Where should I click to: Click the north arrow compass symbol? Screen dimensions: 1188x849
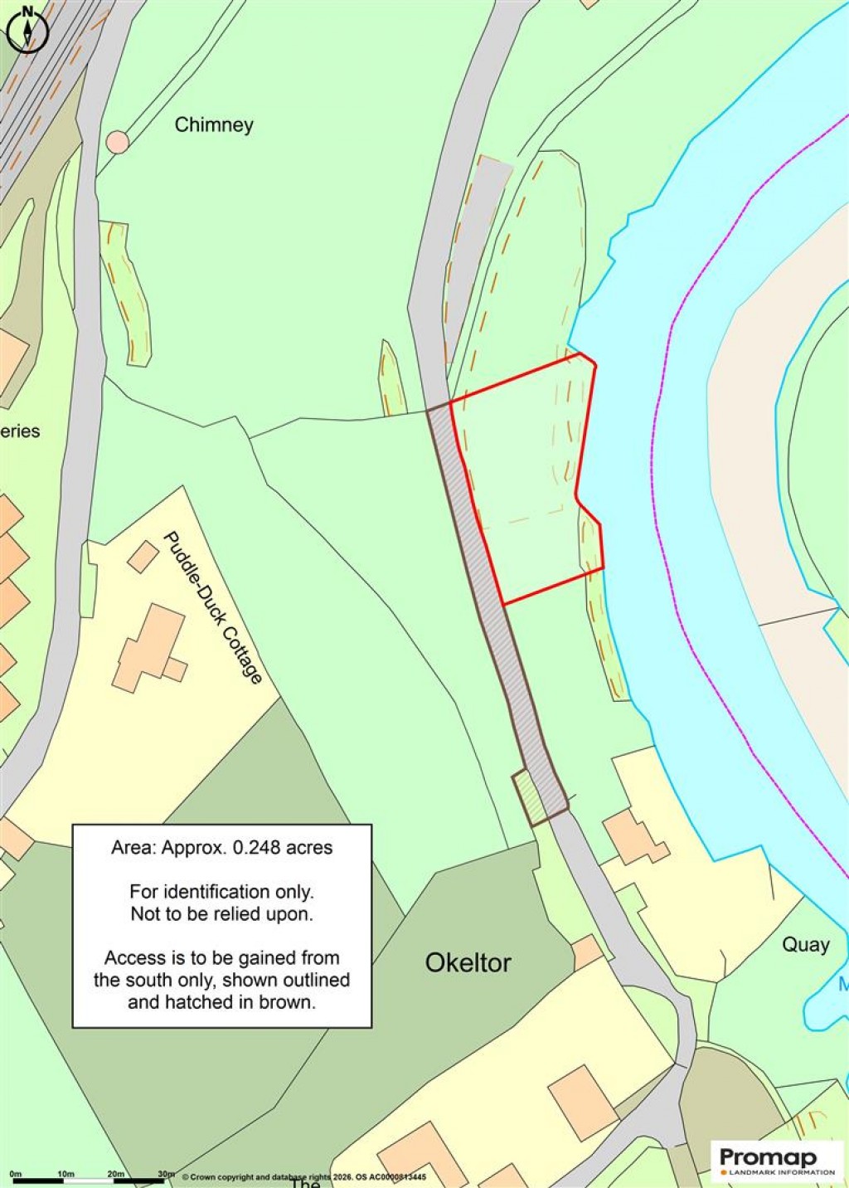click(x=27, y=30)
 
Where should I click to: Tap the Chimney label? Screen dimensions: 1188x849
click(x=214, y=125)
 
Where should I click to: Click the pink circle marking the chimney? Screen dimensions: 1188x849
click(x=118, y=142)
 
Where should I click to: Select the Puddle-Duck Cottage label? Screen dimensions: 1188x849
click(x=212, y=607)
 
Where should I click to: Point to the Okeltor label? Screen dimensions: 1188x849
click(x=468, y=962)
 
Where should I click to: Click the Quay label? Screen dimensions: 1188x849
click(x=806, y=944)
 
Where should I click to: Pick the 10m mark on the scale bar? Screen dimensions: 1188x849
click(x=66, y=1174)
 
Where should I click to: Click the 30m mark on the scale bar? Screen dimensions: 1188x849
click(x=167, y=1174)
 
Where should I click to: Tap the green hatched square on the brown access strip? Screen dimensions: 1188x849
click(x=529, y=796)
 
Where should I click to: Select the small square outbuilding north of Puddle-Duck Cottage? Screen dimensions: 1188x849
click(x=143, y=557)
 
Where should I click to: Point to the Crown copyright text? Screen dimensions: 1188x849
click(x=303, y=1176)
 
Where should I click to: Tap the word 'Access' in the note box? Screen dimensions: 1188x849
click(x=133, y=958)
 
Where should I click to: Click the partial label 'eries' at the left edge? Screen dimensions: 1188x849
click(x=20, y=431)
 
